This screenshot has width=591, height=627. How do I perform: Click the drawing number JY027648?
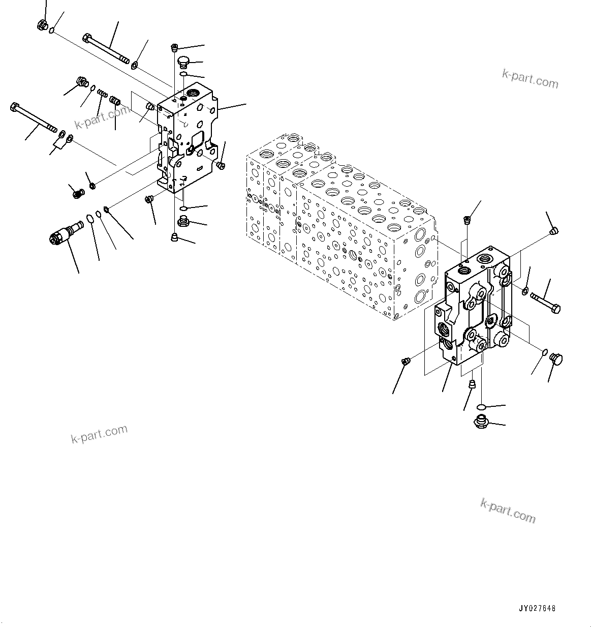coord(537,608)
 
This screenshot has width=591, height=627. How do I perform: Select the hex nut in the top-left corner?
coord(43,24)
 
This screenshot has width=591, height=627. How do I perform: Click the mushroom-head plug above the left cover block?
coord(183,62)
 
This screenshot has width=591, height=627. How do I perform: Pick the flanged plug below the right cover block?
coord(480,421)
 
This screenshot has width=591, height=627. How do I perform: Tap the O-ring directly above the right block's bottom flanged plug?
coord(482,406)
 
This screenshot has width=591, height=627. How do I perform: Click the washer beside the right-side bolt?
coord(524,291)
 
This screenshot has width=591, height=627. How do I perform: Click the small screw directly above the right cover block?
coord(466,220)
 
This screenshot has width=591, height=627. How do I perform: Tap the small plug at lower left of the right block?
coord(406,362)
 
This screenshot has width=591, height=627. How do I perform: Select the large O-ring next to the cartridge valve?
coord(89,219)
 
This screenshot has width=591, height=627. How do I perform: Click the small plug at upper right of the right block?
coord(554,231)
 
